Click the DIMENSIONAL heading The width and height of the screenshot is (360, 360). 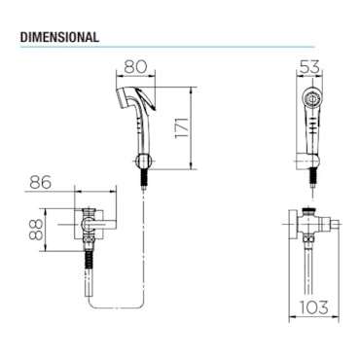[59, 37]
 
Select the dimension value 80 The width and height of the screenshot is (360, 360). [135, 66]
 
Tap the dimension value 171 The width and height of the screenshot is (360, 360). [181, 127]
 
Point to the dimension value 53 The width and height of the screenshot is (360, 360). [309, 66]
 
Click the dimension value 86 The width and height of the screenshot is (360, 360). [41, 182]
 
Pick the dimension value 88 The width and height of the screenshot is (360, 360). [36, 230]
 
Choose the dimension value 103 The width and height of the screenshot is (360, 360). [313, 307]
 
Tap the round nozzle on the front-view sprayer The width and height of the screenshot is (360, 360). [311, 97]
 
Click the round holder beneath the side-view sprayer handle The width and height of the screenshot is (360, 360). [142, 161]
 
